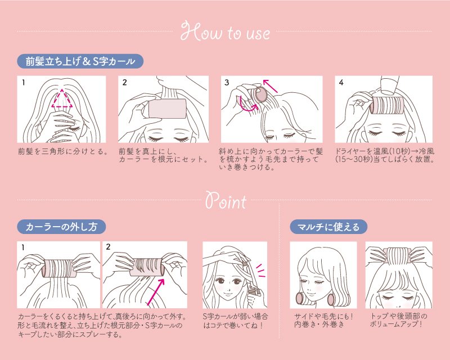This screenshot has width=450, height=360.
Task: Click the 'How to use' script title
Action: click(x=226, y=31)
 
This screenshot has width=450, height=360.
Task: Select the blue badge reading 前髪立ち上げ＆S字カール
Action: click(x=80, y=61)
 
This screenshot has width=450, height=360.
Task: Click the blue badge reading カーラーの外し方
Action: click(x=61, y=227)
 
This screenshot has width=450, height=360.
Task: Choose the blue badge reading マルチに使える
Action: click(x=328, y=227)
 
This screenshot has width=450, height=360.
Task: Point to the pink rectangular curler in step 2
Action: click(x=167, y=109)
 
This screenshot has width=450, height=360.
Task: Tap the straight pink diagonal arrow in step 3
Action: click(x=271, y=86)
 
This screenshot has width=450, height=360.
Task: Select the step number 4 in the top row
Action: click(x=341, y=83)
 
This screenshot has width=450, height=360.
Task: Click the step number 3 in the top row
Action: click(x=227, y=83)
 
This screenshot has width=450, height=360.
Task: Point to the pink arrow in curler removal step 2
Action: click(x=156, y=292)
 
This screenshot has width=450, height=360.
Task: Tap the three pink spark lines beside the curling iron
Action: click(x=261, y=271)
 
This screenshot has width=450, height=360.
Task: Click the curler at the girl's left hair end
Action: click(x=334, y=300)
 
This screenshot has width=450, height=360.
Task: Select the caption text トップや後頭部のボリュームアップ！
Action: click(x=398, y=320)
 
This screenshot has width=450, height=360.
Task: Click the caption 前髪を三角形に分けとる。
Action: click(x=63, y=151)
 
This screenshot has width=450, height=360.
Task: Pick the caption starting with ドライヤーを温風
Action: click(x=385, y=155)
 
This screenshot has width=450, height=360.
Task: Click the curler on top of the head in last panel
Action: click(x=399, y=257)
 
